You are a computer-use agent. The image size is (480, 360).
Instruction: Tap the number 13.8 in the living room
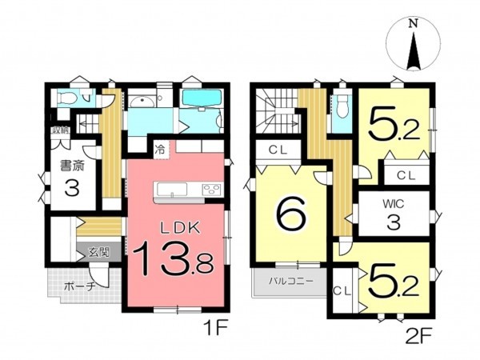tap(172, 262)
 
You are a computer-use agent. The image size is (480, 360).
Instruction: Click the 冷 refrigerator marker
tap(161, 149)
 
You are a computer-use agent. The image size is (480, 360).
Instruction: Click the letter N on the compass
tap(413, 24)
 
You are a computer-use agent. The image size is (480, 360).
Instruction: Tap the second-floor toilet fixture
tap(342, 105)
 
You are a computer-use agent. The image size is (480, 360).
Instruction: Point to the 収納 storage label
tap(61, 130)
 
